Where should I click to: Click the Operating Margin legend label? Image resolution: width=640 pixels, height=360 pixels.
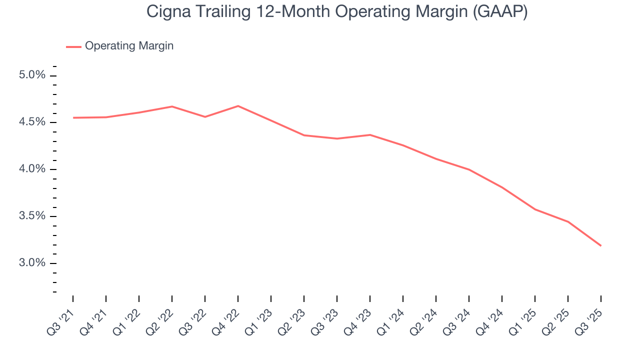tap(129, 46)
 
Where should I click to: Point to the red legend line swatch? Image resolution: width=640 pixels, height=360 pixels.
tap(73, 46)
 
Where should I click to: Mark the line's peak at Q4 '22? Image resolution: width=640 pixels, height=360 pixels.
tap(238, 106)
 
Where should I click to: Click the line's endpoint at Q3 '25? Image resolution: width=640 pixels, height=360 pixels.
tap(600, 245)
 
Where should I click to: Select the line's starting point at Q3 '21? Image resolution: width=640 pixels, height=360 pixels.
tap(73, 117)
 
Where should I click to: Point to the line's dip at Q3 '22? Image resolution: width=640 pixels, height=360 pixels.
tap(205, 116)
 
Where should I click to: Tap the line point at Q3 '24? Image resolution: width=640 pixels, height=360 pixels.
tap(469, 169)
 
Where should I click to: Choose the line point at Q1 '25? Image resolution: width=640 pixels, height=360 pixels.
tap(535, 209)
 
